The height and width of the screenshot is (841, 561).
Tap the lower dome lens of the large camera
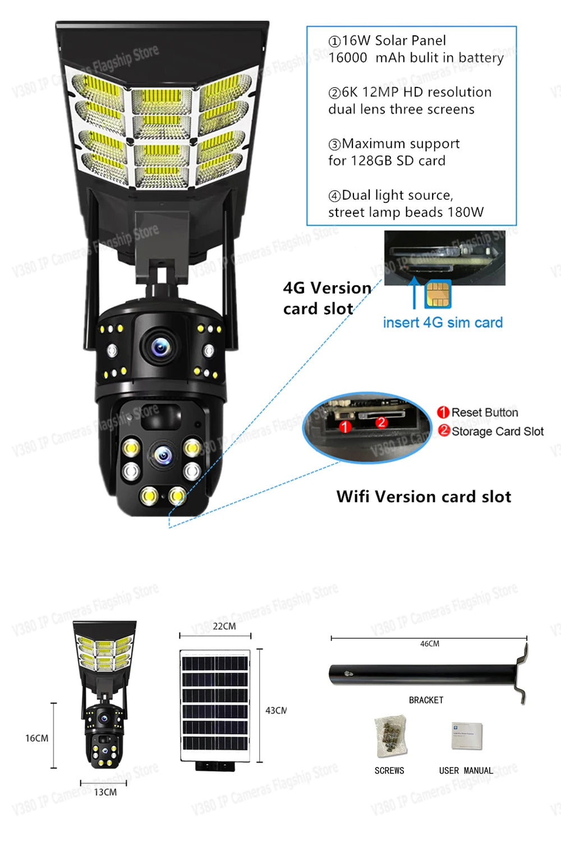coord(162,455)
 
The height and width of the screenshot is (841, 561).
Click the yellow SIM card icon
coord(438,294)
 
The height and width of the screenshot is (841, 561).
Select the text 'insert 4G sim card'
coord(443,322)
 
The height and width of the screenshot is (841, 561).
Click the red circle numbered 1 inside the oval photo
coord(346,427)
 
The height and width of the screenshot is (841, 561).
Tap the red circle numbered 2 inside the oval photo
coord(381,422)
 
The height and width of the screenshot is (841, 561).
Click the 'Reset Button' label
coord(484,413)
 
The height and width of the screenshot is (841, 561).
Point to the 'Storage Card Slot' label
coord(497,431)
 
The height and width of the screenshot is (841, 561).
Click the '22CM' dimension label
coord(224,626)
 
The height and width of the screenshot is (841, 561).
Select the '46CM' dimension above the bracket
coord(429,644)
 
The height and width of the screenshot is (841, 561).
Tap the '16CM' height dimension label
coord(36,738)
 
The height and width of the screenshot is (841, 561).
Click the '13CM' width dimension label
coord(105,792)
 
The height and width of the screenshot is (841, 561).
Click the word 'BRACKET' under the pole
coord(426,700)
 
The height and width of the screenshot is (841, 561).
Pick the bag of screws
coord(390,735)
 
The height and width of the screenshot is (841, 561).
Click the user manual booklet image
coord(466,736)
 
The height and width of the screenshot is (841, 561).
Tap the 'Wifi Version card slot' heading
coord(424,497)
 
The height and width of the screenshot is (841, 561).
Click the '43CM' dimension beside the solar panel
coord(275,710)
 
